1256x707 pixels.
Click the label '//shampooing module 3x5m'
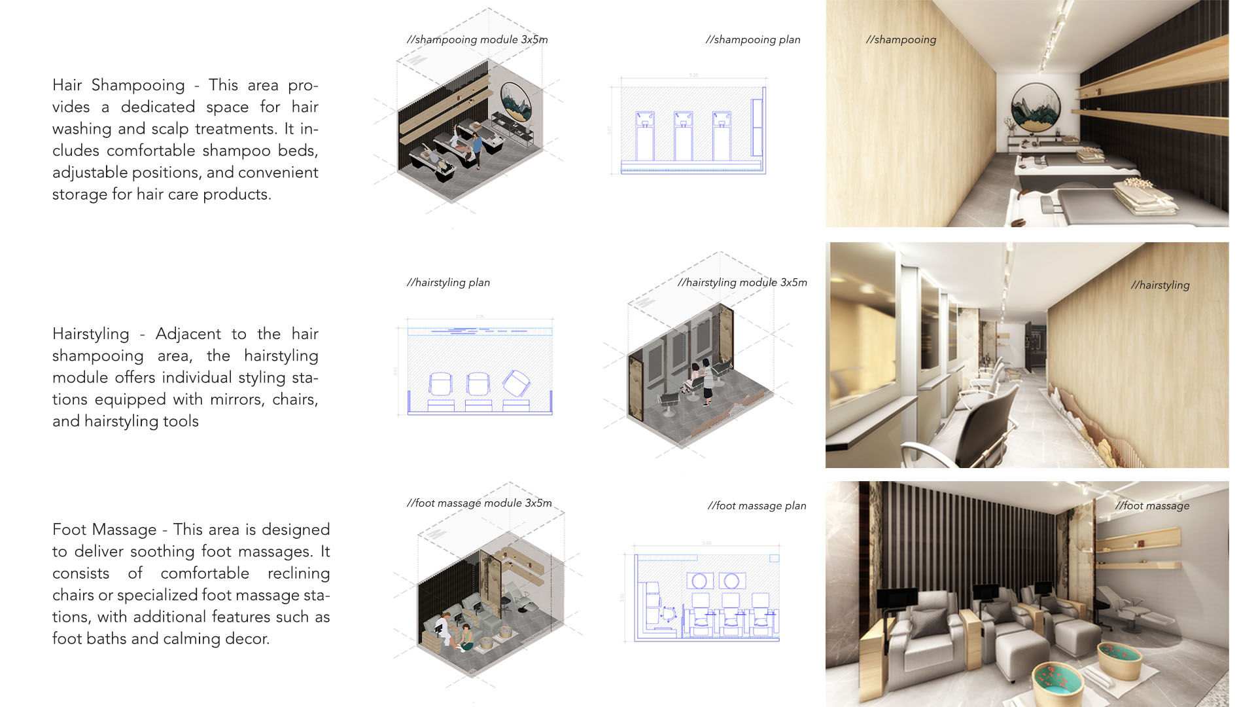tap(477, 39)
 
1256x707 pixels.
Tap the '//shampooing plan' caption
tap(753, 39)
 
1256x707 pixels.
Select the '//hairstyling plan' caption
tap(448, 282)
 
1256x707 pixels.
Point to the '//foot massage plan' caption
tap(757, 505)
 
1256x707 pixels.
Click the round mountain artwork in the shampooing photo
tap(1036, 107)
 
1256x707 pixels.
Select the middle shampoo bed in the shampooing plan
tap(683, 136)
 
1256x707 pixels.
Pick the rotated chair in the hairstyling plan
tap(516, 383)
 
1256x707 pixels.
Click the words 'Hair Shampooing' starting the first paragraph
tap(118, 85)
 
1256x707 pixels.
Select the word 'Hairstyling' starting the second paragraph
tap(91, 334)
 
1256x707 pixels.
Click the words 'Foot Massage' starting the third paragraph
tap(105, 530)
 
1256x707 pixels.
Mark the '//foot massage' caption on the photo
tap(1152, 505)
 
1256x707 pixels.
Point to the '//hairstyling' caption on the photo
tap(1160, 285)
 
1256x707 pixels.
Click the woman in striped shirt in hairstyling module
tap(707, 384)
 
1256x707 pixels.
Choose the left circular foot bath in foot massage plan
tap(699, 581)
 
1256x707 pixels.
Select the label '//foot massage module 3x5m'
tap(479, 503)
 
